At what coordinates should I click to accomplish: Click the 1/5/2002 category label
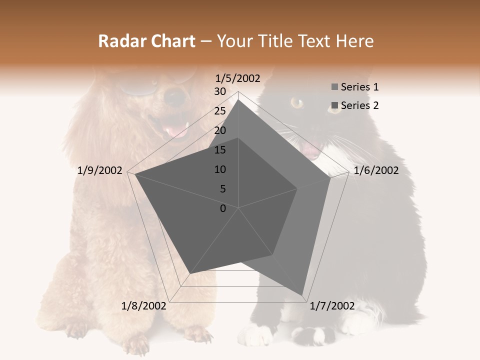coord(237,78)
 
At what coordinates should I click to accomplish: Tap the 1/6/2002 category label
coord(376,170)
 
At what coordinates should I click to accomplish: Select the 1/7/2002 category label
coord(332,306)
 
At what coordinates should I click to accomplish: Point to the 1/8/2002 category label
coord(143,306)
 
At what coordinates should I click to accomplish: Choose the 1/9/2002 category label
coord(100,170)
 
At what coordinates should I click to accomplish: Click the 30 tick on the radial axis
coord(220,91)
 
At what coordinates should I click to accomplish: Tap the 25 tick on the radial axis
coord(220,111)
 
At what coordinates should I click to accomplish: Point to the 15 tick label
coord(220,150)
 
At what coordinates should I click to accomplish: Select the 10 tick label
coord(220,169)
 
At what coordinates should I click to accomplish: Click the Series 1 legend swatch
coord(334,87)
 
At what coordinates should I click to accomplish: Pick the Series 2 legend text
coord(359,105)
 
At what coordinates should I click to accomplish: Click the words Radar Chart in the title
coord(146,41)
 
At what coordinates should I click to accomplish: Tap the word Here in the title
coord(354,41)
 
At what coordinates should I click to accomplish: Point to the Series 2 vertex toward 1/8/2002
coord(189,273)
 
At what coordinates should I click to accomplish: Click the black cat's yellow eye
coord(296,103)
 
